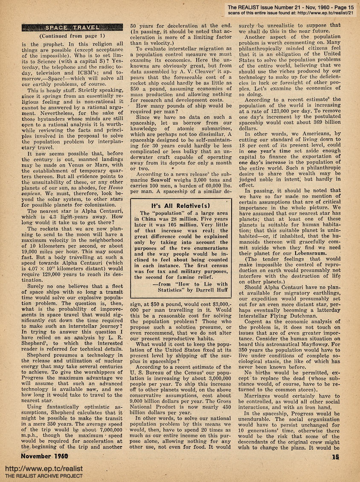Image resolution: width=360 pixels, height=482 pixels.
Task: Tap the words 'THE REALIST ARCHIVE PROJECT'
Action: (x=44, y=476)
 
